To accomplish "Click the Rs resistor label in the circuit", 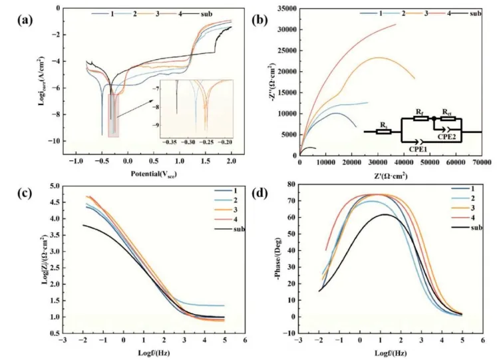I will click(x=382, y=124).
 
